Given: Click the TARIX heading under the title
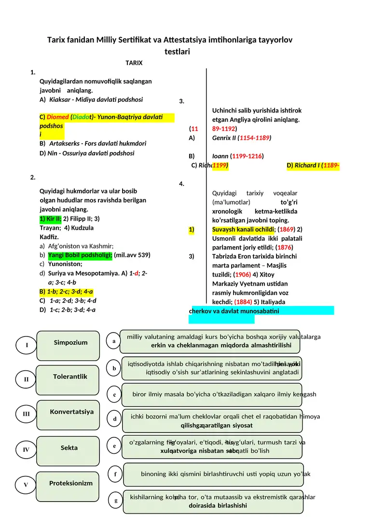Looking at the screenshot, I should pyautogui.click(x=134, y=63).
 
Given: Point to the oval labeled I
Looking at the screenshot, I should pyautogui.click(x=27, y=345).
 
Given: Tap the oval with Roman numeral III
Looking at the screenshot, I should pyautogui.click(x=26, y=414).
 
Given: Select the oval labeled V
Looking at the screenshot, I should pyautogui.click(x=26, y=485).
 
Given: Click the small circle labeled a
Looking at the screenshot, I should pyautogui.click(x=114, y=341).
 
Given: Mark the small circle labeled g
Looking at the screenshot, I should pyautogui.click(x=116, y=501).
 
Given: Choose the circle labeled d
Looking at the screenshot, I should pyautogui.click(x=115, y=419).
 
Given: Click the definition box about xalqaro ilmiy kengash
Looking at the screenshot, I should pyautogui.click(x=212, y=395).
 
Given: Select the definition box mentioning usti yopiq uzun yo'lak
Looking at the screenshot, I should pyautogui.click(x=213, y=475).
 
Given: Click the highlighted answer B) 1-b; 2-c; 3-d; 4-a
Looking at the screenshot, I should pyautogui.click(x=66, y=292).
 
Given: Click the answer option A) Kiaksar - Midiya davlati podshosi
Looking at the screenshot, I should pyautogui.click(x=91, y=99).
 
